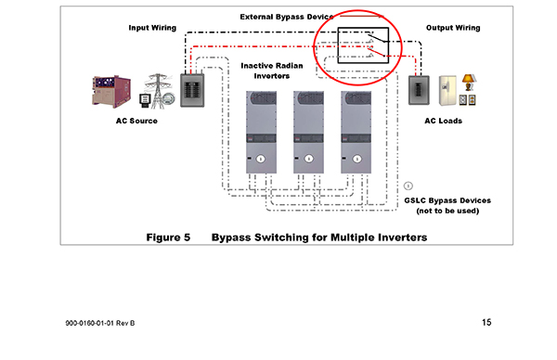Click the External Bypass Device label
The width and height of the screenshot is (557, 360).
coord(287,17)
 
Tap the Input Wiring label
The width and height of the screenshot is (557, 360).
coord(152,28)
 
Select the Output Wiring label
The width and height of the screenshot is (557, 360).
coord(453,28)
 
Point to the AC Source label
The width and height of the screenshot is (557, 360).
coord(136,121)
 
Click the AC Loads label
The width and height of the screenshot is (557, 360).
coord(444,121)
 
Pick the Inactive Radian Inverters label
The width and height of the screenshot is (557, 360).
coord(272,71)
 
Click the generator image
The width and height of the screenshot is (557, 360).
coord(111,91)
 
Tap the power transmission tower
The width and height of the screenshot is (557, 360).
coord(159,91)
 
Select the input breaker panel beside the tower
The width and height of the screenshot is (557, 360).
coord(192,90)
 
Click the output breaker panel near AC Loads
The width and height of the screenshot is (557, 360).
coord(419,90)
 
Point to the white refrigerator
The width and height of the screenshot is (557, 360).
coord(447,90)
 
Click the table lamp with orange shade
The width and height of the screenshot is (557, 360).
coord(469,83)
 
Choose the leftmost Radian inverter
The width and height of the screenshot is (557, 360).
coord(261,132)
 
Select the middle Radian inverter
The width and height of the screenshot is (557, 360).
coord(308,132)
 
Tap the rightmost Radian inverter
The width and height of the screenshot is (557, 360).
coord(356,132)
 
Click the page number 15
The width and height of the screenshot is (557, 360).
coord(486,322)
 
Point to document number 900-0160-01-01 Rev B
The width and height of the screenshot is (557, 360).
coord(100,323)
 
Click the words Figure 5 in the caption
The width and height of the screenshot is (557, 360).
coord(168,238)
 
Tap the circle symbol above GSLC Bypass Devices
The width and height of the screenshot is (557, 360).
coord(408,186)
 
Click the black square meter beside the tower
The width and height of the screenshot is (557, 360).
coord(145,100)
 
